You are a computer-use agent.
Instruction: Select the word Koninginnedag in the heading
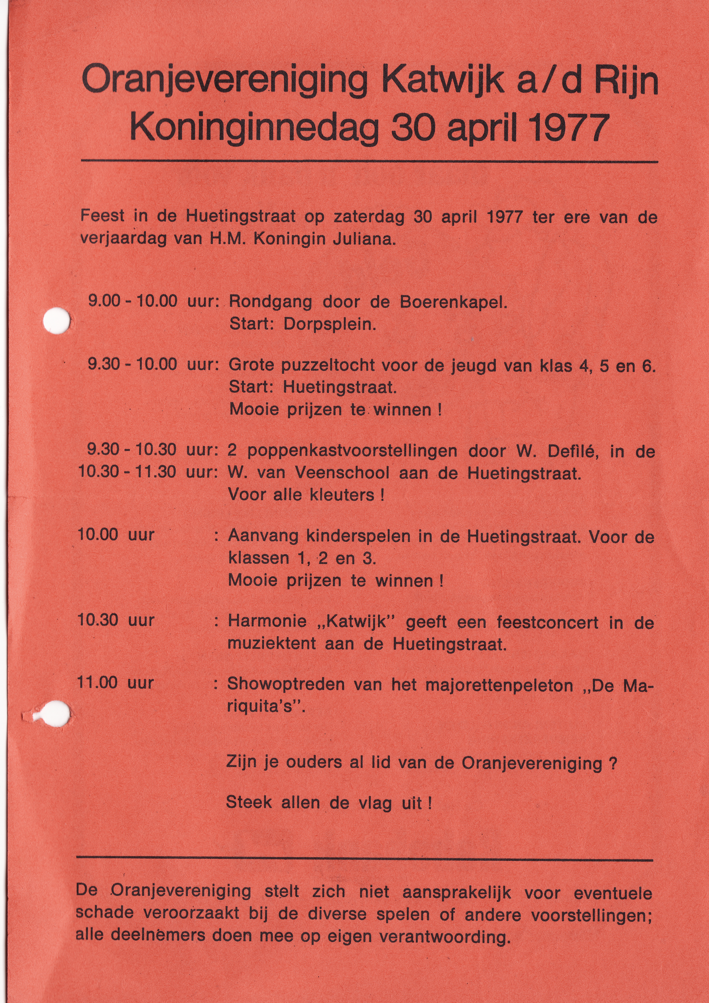click(x=254, y=127)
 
